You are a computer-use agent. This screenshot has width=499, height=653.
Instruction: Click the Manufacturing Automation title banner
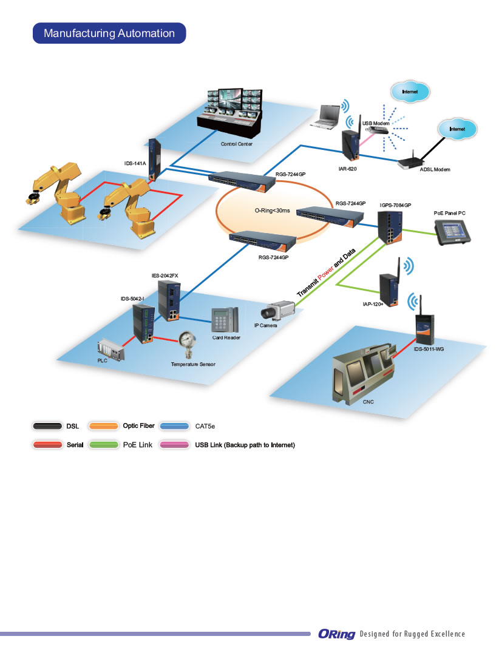pyautogui.click(x=109, y=33)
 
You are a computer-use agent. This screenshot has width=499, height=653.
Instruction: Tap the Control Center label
pyautogui.click(x=237, y=144)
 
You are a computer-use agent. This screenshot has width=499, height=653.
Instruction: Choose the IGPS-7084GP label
pyautogui.click(x=395, y=206)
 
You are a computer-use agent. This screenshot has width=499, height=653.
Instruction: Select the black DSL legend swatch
pyautogui.click(x=47, y=426)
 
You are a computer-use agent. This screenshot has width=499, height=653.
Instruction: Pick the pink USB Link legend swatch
pyautogui.click(x=175, y=445)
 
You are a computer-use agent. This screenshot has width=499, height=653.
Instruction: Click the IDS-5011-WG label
pyautogui.click(x=429, y=350)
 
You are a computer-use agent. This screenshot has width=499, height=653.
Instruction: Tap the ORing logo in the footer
pyautogui.click(x=336, y=634)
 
